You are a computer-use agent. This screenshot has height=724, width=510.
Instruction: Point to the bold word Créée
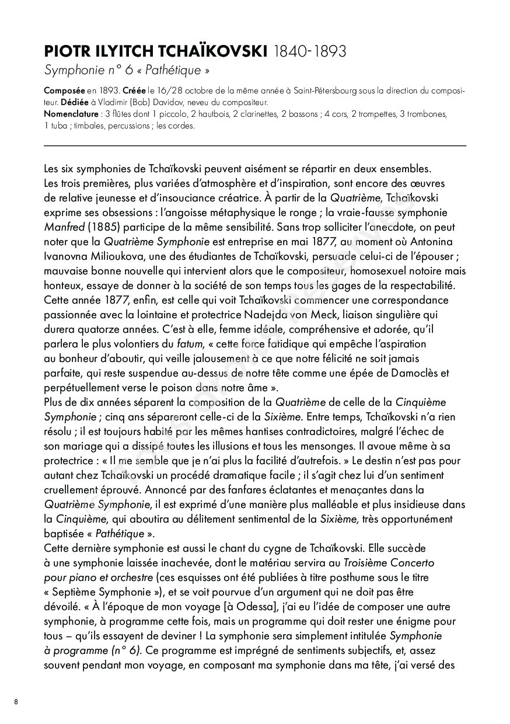134,92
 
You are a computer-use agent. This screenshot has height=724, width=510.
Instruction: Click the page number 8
16,702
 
